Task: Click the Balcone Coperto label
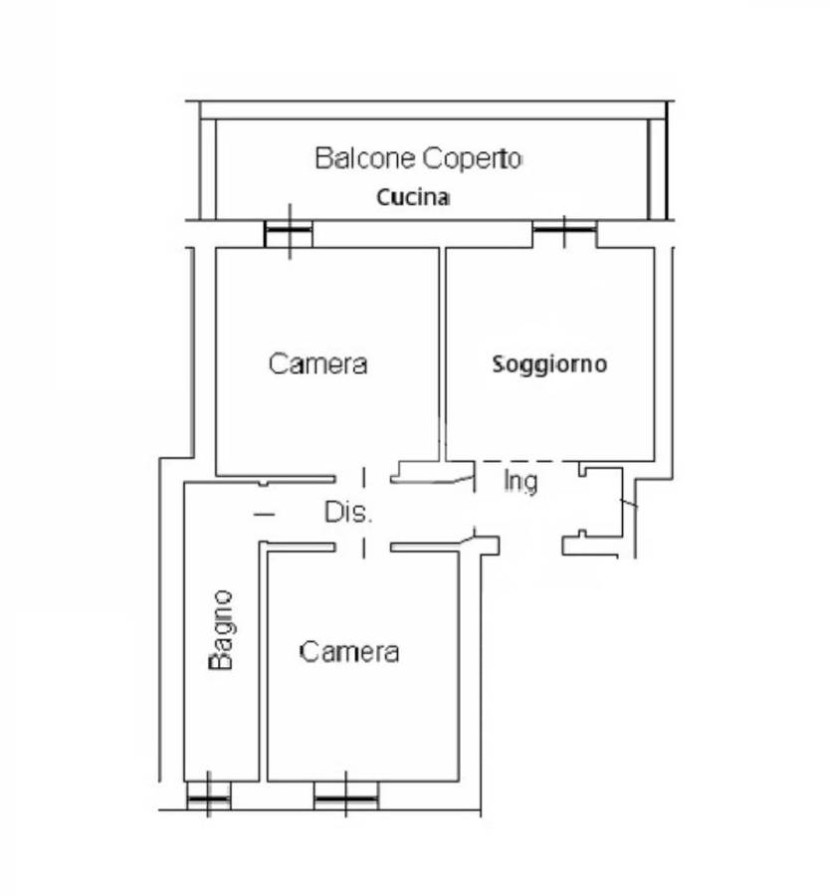(418, 158)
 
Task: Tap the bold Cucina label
(413, 197)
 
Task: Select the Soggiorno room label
(549, 364)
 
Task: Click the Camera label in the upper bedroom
(317, 364)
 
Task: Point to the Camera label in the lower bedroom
(349, 652)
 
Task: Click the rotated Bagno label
(222, 630)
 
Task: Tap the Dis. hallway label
(348, 512)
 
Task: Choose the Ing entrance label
(520, 482)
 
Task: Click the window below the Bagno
(209, 795)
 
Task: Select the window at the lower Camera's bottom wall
(346, 795)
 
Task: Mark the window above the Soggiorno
(564, 231)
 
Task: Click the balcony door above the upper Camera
(289, 232)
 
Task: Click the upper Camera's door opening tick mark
(364, 478)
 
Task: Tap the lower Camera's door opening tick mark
(364, 548)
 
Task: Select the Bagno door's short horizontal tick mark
(264, 515)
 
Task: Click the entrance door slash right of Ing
(629, 503)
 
